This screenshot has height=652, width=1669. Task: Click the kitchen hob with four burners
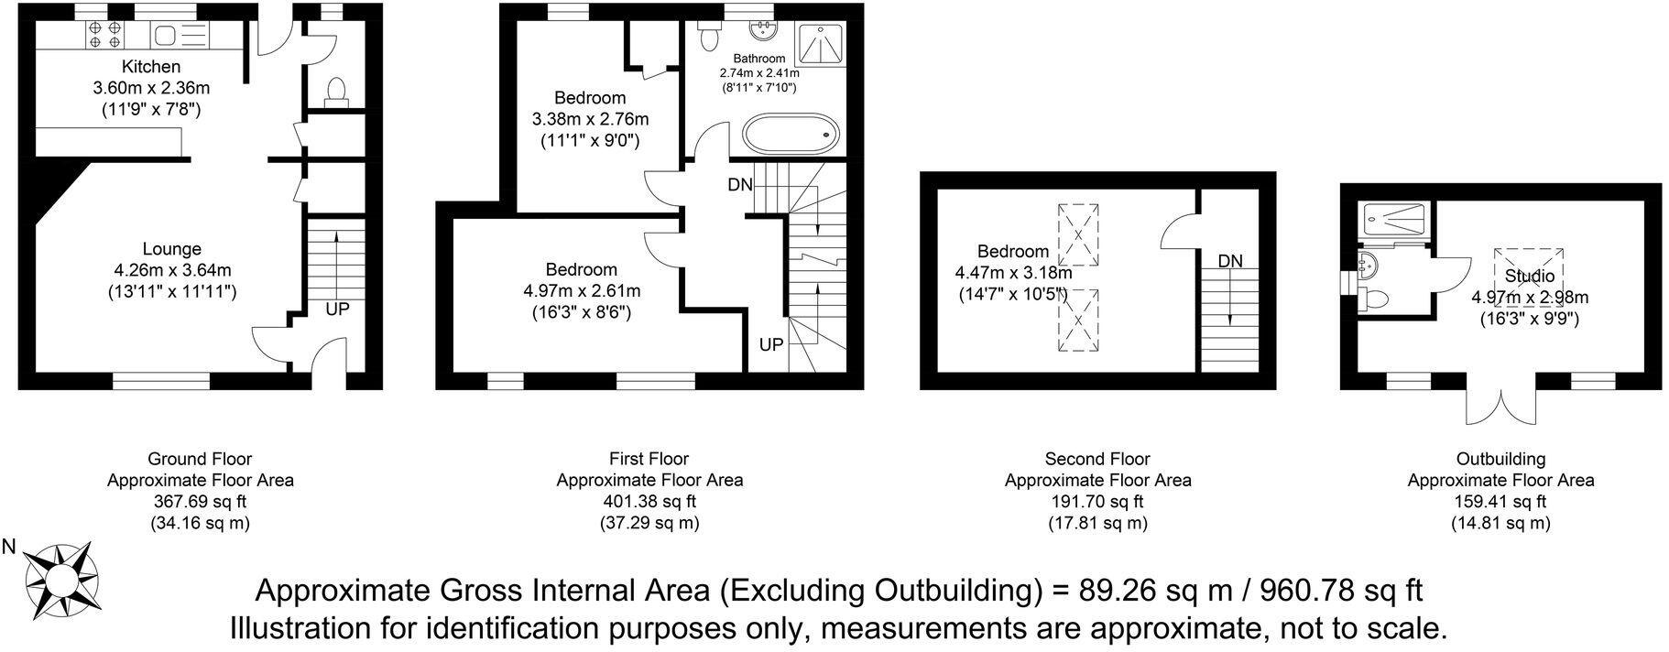pyautogui.click(x=104, y=35)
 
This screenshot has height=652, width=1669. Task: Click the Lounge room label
pyautogui.click(x=172, y=249)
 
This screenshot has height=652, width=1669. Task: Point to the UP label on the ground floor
pyautogui.click(x=337, y=310)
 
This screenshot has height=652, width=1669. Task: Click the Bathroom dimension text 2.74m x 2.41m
pyautogui.click(x=759, y=73)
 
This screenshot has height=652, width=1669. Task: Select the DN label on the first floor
pyautogui.click(x=740, y=185)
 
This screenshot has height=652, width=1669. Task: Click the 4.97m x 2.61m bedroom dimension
pyautogui.click(x=582, y=291)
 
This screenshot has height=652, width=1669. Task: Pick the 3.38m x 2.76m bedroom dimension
pyautogui.click(x=590, y=119)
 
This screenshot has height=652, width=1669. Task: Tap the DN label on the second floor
pyautogui.click(x=1230, y=261)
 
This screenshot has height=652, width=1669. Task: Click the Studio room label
pyautogui.click(x=1529, y=276)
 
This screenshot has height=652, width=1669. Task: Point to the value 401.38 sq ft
pyautogui.click(x=649, y=501)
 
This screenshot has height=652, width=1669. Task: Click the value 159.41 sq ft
pyautogui.click(x=1500, y=501)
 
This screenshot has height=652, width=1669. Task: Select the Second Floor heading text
pyautogui.click(x=1097, y=459)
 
